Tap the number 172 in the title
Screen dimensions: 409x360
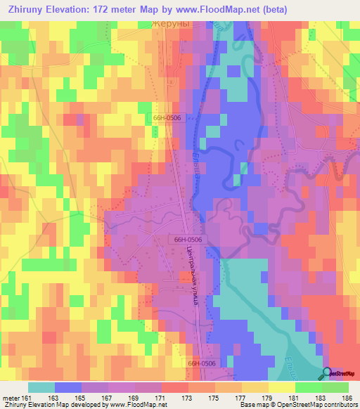115,9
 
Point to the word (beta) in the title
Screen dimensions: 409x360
292,9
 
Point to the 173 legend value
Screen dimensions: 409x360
187,396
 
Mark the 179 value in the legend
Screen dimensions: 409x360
266,396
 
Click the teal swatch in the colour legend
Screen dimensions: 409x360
41,387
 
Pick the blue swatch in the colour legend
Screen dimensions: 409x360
68,387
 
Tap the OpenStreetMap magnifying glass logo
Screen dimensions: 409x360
328,372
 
